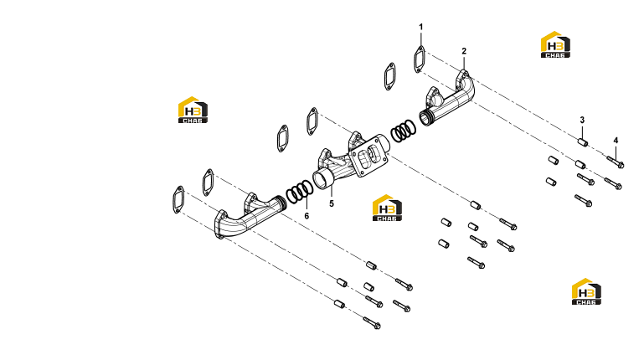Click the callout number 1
pyautogui.click(x=420, y=27)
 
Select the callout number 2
pyautogui.click(x=464, y=51)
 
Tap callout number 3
pyautogui.click(x=582, y=121)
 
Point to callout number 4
pyautogui.click(x=616, y=141)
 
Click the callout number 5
pyautogui.click(x=332, y=204)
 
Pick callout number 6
pyautogui.click(x=307, y=216)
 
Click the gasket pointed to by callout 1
pyautogui.click(x=420, y=59)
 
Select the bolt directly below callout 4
pyautogui.click(x=616, y=162)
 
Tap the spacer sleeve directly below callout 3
pyautogui.click(x=583, y=142)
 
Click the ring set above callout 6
pyautogui.click(x=300, y=192)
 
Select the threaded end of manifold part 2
pyautogui.click(x=427, y=118)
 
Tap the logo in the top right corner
pyautogui.click(x=555, y=44)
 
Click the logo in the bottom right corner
pyautogui.click(x=586, y=292)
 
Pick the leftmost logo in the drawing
pyautogui.click(x=193, y=110)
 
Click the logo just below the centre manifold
pyautogui.click(x=387, y=208)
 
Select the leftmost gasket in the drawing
pyautogui.click(x=178, y=200)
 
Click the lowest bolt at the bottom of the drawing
pyautogui.click(x=372, y=323)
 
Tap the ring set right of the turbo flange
pyautogui.click(x=403, y=131)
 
